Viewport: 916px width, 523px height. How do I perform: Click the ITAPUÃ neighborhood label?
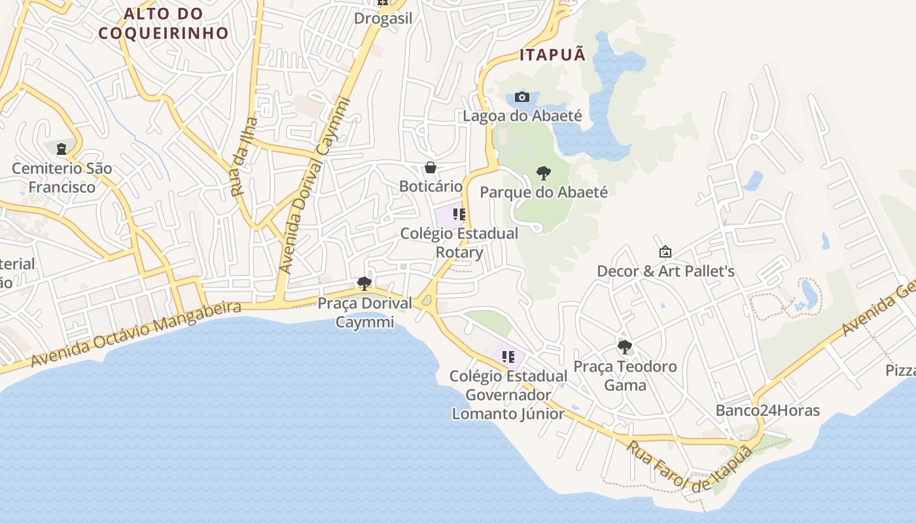point(553,55)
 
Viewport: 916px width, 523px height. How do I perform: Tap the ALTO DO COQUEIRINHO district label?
point(164,23)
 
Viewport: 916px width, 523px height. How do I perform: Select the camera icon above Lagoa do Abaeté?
point(521,97)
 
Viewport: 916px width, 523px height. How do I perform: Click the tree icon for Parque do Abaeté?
point(543,173)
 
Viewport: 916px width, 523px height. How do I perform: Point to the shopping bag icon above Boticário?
point(431,168)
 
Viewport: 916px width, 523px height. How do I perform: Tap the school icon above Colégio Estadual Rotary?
point(459,214)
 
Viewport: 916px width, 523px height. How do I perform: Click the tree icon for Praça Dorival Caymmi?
point(364,284)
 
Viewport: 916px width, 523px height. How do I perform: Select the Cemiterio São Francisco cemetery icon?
point(62,150)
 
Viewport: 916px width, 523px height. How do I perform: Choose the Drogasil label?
point(383,18)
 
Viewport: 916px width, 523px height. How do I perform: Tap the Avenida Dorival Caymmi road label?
point(315,186)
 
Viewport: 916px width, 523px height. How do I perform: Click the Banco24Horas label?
point(767,411)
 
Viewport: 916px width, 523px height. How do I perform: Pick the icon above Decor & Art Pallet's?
point(665,252)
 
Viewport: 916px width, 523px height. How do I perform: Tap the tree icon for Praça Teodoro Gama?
point(625,346)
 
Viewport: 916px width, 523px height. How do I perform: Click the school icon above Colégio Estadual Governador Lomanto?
point(508,357)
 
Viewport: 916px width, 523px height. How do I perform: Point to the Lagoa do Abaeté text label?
point(522,116)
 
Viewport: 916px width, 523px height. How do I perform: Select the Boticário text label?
point(431,186)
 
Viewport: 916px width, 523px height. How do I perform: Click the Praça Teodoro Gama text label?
point(625,376)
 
